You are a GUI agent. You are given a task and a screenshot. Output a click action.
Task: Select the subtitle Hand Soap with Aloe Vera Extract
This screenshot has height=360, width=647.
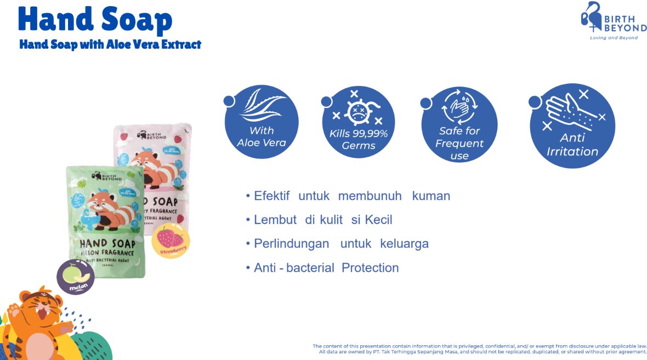tap(110, 44)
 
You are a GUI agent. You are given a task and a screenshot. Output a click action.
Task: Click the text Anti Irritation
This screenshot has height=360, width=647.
tap(572, 145)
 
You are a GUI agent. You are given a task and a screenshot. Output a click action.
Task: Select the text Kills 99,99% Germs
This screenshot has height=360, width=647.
tap(359, 140)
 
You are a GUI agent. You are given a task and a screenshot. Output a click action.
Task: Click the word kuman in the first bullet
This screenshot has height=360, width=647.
tap(431, 196)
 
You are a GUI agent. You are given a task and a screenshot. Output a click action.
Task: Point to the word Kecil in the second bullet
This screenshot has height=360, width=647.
tap(376, 220)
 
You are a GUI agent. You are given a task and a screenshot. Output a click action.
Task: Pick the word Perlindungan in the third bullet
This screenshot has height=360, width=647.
tap(291, 244)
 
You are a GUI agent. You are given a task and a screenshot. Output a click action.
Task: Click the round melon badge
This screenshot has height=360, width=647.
tap(76, 277)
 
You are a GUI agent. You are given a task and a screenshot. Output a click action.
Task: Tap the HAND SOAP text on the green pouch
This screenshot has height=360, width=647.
tap(107, 243)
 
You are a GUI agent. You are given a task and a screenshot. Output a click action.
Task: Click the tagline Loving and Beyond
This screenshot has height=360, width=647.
tap(614, 38)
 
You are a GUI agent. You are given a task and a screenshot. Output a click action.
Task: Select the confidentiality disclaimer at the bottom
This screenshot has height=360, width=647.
tap(480, 349)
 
